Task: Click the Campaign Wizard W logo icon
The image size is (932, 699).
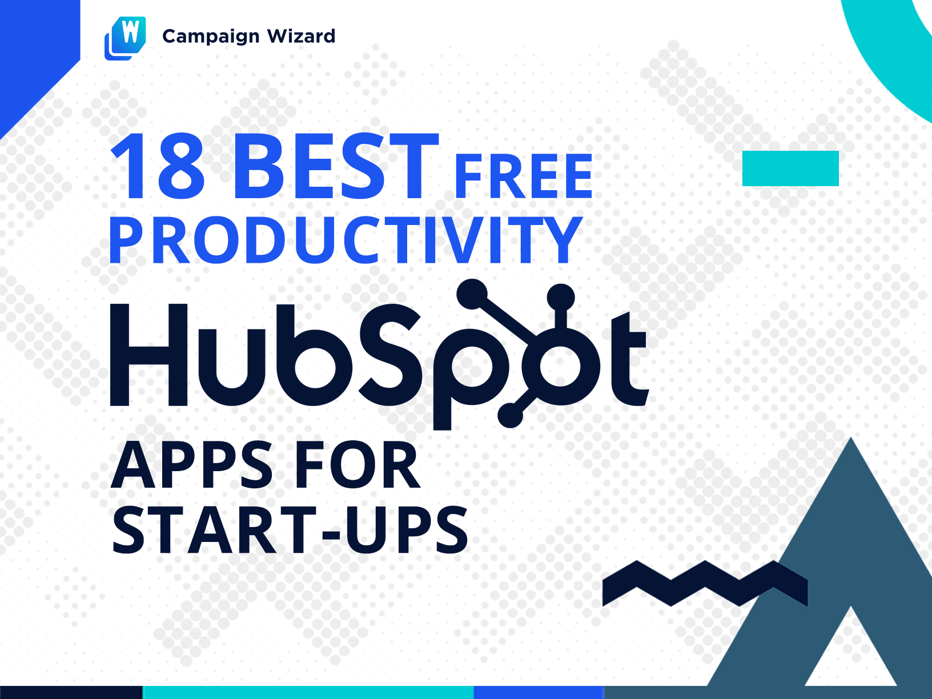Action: click(125, 38)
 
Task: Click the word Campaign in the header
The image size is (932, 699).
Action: click(211, 37)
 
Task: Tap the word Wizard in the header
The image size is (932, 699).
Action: click(301, 36)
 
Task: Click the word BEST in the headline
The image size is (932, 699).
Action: click(336, 166)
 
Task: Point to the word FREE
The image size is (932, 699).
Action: click(523, 176)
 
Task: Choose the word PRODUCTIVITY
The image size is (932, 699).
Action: click(346, 240)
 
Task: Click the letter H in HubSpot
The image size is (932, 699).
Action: click(149, 355)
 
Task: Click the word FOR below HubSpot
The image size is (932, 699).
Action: click(357, 465)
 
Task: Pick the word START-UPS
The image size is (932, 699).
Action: click(290, 530)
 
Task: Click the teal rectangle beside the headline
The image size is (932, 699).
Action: click(790, 168)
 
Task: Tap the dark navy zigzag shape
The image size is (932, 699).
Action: click(705, 583)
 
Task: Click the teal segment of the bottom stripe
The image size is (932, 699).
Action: click(309, 692)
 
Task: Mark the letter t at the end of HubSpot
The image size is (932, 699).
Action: click(629, 359)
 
